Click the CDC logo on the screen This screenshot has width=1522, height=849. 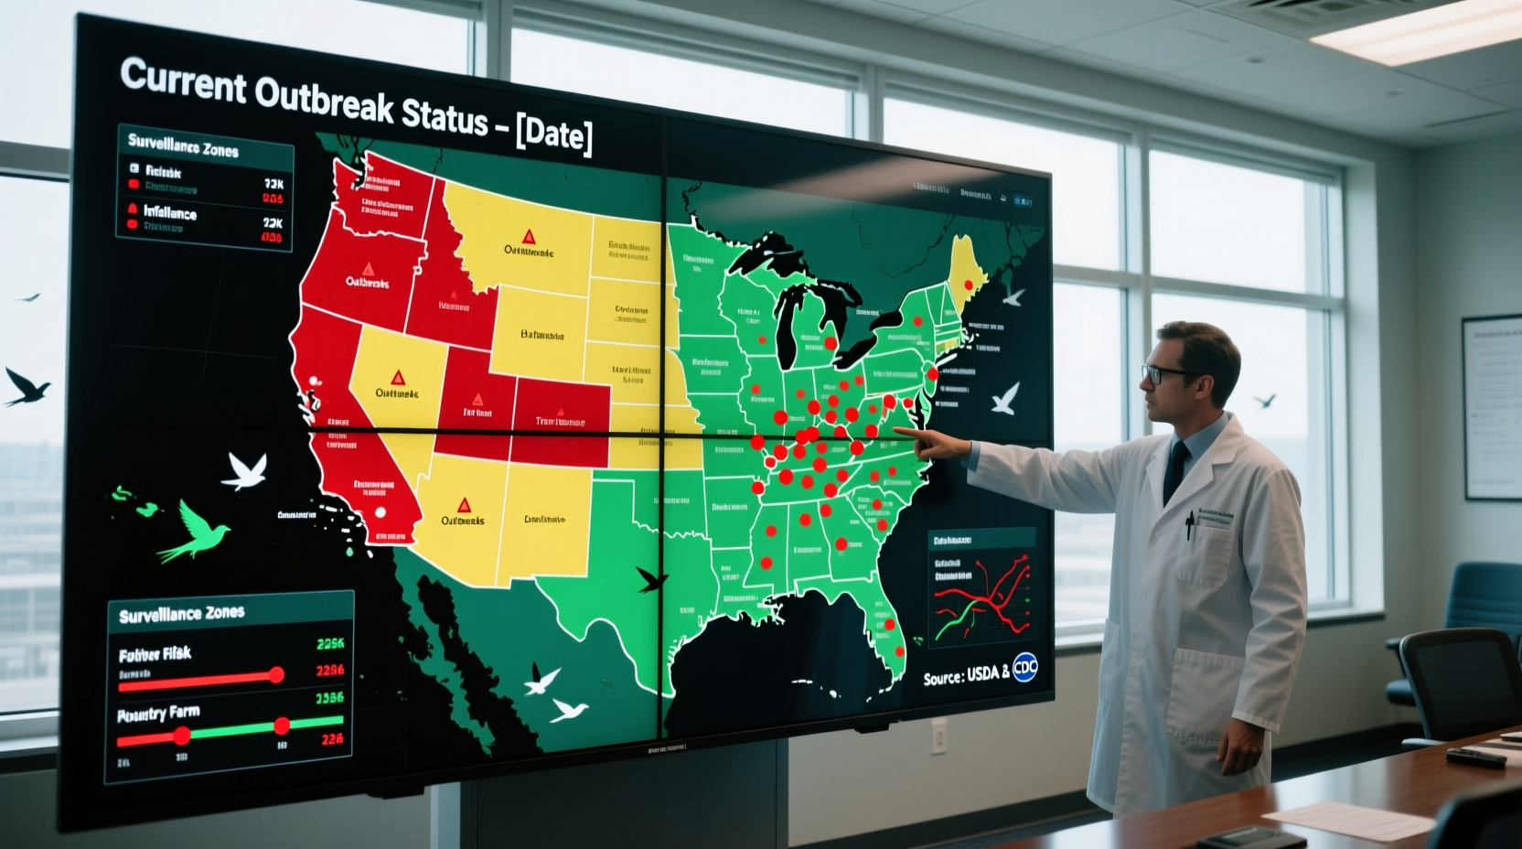click(x=1025, y=668)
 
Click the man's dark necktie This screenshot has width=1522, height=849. click(x=1174, y=471)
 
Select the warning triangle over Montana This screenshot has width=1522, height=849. click(x=528, y=237)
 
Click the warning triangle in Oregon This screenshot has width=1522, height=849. click(x=368, y=269)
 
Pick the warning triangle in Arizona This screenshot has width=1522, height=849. click(x=464, y=505)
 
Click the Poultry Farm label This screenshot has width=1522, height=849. click(x=158, y=714)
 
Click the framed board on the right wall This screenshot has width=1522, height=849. click(x=1490, y=406)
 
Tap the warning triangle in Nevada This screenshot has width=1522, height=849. click(x=397, y=377)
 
